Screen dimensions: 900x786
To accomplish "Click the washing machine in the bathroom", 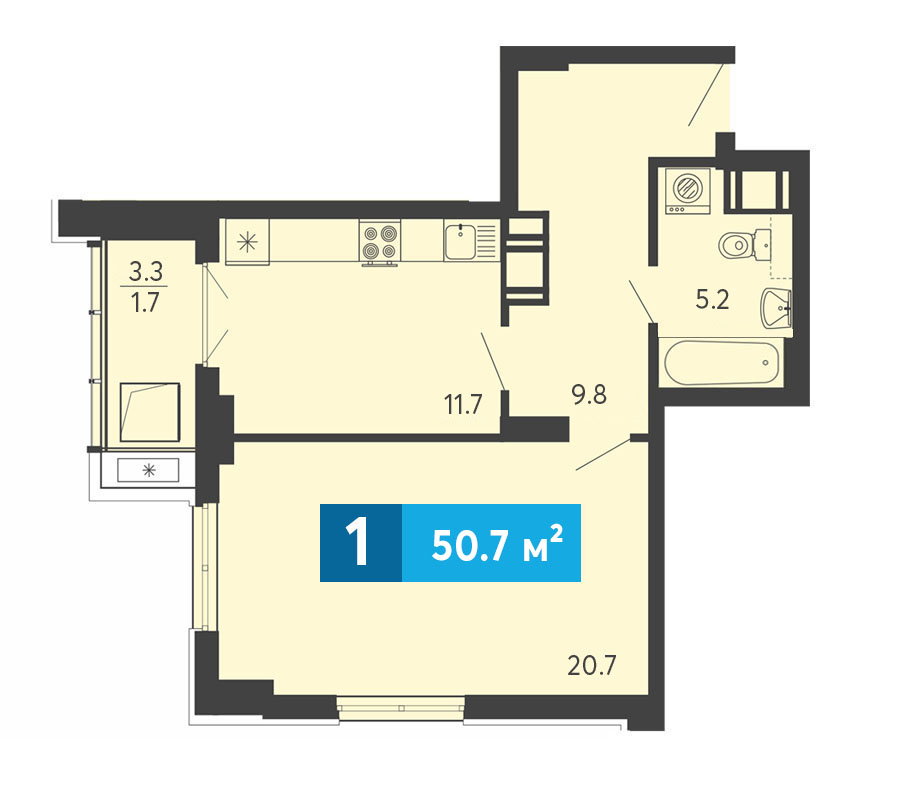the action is pos(688,191).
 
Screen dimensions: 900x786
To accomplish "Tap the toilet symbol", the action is pos(744,245).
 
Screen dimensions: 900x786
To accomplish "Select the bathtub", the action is pos(722,363).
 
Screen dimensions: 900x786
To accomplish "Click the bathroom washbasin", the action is pos(776,308).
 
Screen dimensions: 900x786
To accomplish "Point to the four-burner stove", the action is pos(380,241).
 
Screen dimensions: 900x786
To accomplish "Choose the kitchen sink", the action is pos(470,241).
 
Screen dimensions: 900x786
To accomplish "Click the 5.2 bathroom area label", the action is pos(712,300).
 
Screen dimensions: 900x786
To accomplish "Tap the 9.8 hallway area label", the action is pos(589,395).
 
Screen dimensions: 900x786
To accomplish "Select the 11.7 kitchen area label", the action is pos(463,405).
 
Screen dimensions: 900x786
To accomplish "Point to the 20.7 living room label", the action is pos(592,665).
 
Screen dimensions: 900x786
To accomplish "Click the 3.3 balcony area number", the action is pos(146,271).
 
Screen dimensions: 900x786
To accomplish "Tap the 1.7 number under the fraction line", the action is pos(145,302).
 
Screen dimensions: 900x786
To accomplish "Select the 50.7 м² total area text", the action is pos(497,543).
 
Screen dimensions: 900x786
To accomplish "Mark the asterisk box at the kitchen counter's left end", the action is pos(247,242).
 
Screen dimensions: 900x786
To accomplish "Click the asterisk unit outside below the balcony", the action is pos(149,471).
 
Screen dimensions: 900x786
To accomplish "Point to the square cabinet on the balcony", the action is pos(150,412).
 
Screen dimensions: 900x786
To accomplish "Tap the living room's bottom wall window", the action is pos(401,708).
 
